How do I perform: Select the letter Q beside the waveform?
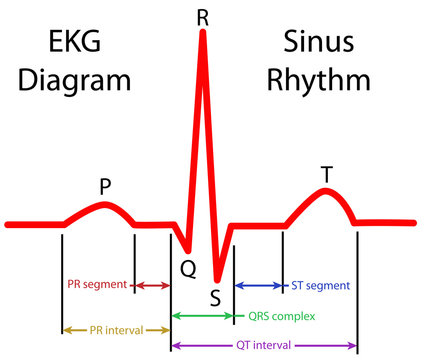pos(188,267)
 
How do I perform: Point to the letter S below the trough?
pos(216,296)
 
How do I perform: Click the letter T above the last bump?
pos(326,174)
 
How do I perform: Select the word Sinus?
pos(312,43)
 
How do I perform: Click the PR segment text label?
pos(97,286)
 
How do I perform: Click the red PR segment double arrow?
pos(152,286)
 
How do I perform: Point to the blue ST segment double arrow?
pos(259,286)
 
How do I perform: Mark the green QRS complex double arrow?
pos(203,316)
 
